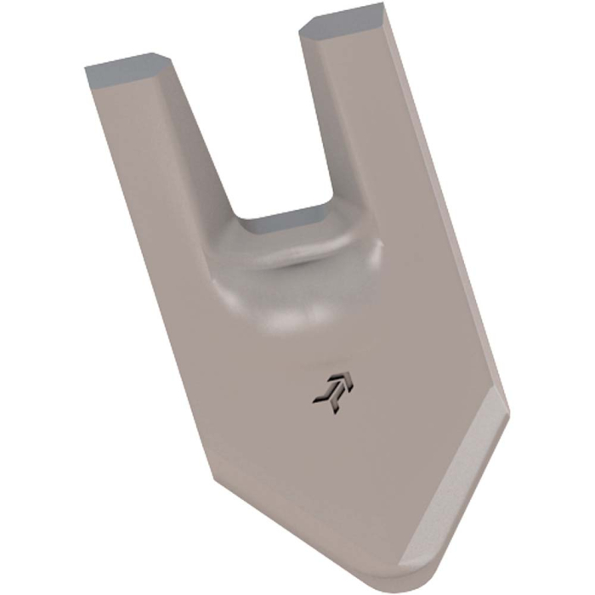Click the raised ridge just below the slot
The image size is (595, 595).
(293, 255)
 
